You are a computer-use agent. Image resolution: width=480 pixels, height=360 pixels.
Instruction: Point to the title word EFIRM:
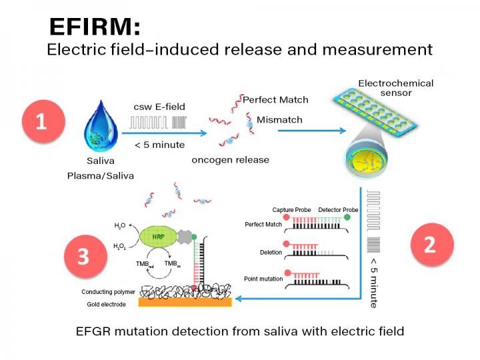tap(95, 26)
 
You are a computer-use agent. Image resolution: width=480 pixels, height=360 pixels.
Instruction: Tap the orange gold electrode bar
tap(184, 302)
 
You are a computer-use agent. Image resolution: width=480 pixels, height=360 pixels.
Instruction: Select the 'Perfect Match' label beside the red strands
tap(275, 100)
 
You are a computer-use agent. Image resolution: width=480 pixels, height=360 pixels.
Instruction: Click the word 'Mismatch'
tap(279, 120)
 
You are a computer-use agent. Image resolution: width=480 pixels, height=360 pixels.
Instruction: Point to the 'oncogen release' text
tap(230, 160)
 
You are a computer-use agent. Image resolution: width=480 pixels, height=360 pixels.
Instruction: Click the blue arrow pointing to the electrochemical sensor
tap(303, 130)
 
